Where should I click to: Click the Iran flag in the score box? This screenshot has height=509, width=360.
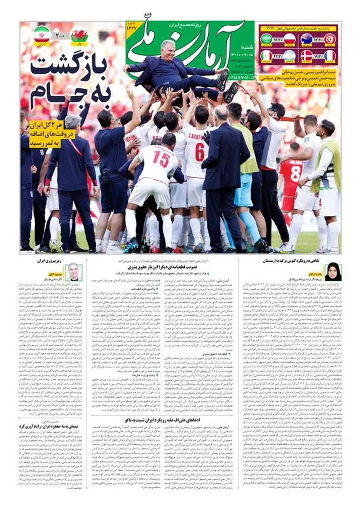pyautogui.click(x=42, y=34)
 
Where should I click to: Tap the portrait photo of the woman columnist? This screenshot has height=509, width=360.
pyautogui.click(x=333, y=271)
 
